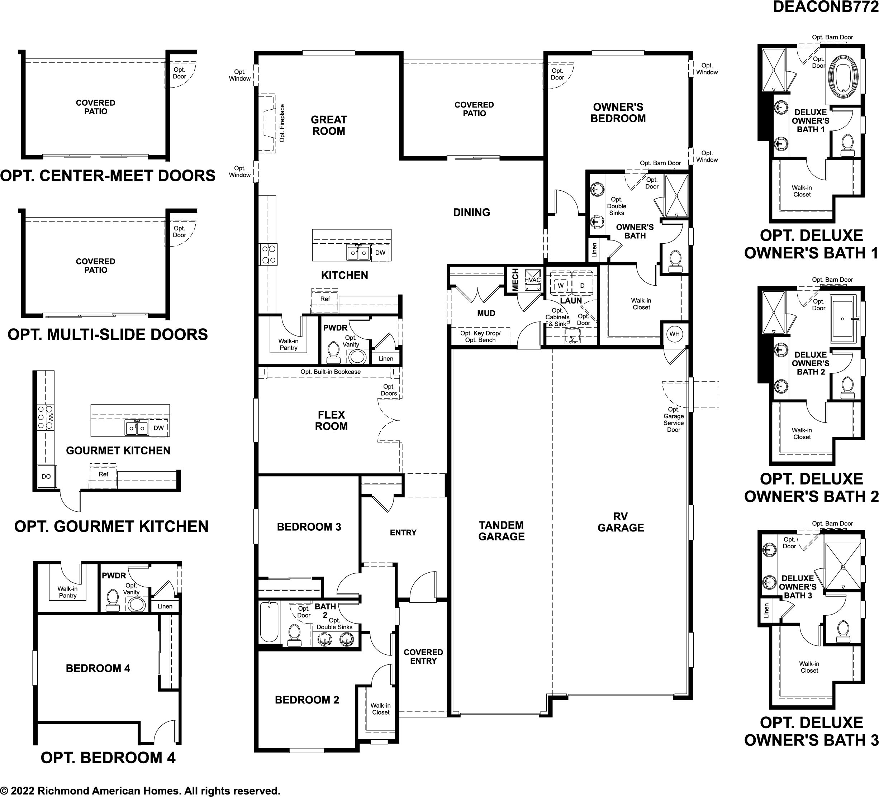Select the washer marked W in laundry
coord(561,285)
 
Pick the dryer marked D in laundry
coord(582,285)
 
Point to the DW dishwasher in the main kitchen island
coord(380,252)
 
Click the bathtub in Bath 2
coord(269,622)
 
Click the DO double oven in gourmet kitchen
coord(46,476)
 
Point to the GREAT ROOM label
coord(329,125)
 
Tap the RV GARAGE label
coord(621,522)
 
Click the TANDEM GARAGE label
coord(502,531)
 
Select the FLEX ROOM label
coord(331,420)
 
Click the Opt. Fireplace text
coord(282,123)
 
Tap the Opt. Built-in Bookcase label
coord(331,372)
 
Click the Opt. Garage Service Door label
coord(674,420)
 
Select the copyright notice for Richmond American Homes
coord(140,791)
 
